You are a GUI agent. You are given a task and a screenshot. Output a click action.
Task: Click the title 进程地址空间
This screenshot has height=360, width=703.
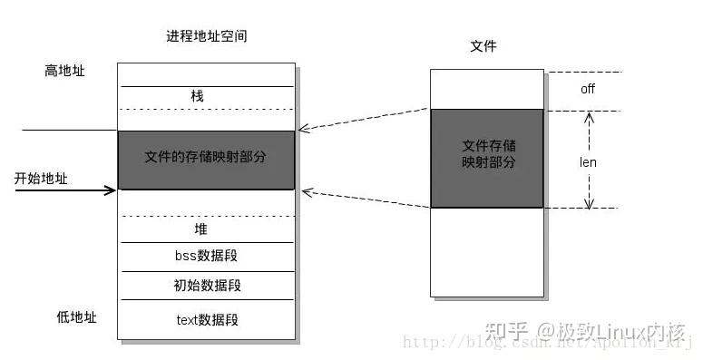[206, 37]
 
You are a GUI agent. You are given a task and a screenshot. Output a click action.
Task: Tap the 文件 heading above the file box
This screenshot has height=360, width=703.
[485, 46]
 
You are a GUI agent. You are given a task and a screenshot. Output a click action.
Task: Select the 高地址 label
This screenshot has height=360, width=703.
[64, 70]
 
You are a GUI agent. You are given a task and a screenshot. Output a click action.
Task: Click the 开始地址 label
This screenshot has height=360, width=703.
[41, 179]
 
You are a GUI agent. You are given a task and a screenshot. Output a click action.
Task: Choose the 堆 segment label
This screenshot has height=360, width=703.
[201, 229]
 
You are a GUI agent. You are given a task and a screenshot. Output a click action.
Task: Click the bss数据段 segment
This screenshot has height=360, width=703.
[206, 256]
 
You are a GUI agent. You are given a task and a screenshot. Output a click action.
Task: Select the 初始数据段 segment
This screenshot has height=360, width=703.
[206, 285]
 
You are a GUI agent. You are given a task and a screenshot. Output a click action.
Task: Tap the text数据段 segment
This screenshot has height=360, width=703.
[206, 319]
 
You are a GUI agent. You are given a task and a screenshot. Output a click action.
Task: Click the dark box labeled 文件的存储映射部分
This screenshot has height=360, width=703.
[206, 160]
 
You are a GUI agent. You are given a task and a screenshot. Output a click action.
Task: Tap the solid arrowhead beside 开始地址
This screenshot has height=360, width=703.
[112, 190]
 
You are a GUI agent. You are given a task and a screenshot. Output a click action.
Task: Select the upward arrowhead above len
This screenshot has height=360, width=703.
[588, 117]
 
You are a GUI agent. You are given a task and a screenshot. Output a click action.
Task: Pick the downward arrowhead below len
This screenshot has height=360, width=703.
[588, 203]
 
